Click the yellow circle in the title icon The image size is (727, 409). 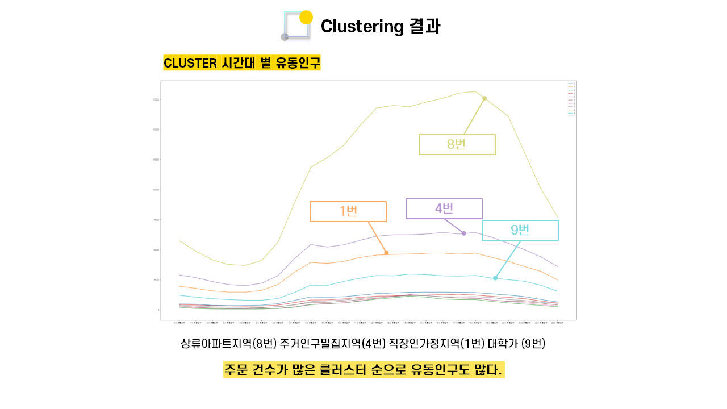click(x=306, y=17)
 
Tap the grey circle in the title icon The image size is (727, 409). click(x=285, y=37)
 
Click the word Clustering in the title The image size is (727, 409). click(x=362, y=26)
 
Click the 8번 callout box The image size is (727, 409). click(x=457, y=144)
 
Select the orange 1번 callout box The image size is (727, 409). click(x=348, y=211)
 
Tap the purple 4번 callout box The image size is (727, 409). click(x=444, y=208)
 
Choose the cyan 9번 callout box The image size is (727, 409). click(x=520, y=230)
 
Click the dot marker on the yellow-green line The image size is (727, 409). click(x=484, y=98)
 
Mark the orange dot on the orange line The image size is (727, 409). click(x=386, y=253)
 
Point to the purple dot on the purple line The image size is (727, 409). click(x=464, y=233)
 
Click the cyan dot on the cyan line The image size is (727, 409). click(x=495, y=278)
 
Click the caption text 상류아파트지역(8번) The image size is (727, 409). click(x=228, y=344)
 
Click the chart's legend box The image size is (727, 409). click(x=571, y=98)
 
